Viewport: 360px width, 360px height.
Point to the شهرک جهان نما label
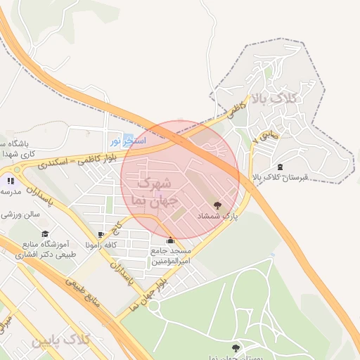tap(150, 191)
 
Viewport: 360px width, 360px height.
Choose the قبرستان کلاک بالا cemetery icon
tap(281, 166)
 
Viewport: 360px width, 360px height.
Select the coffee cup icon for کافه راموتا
tap(101, 234)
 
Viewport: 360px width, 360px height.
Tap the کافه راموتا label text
tap(101, 245)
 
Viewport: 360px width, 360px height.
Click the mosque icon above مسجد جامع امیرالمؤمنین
tap(170, 240)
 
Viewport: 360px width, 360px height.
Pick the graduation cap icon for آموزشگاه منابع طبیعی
tap(46, 233)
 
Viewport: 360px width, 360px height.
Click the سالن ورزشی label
tap(21, 213)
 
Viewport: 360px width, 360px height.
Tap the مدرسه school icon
tap(10, 181)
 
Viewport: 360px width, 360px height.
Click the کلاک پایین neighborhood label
tap(61, 340)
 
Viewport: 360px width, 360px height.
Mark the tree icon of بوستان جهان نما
tap(235, 348)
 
